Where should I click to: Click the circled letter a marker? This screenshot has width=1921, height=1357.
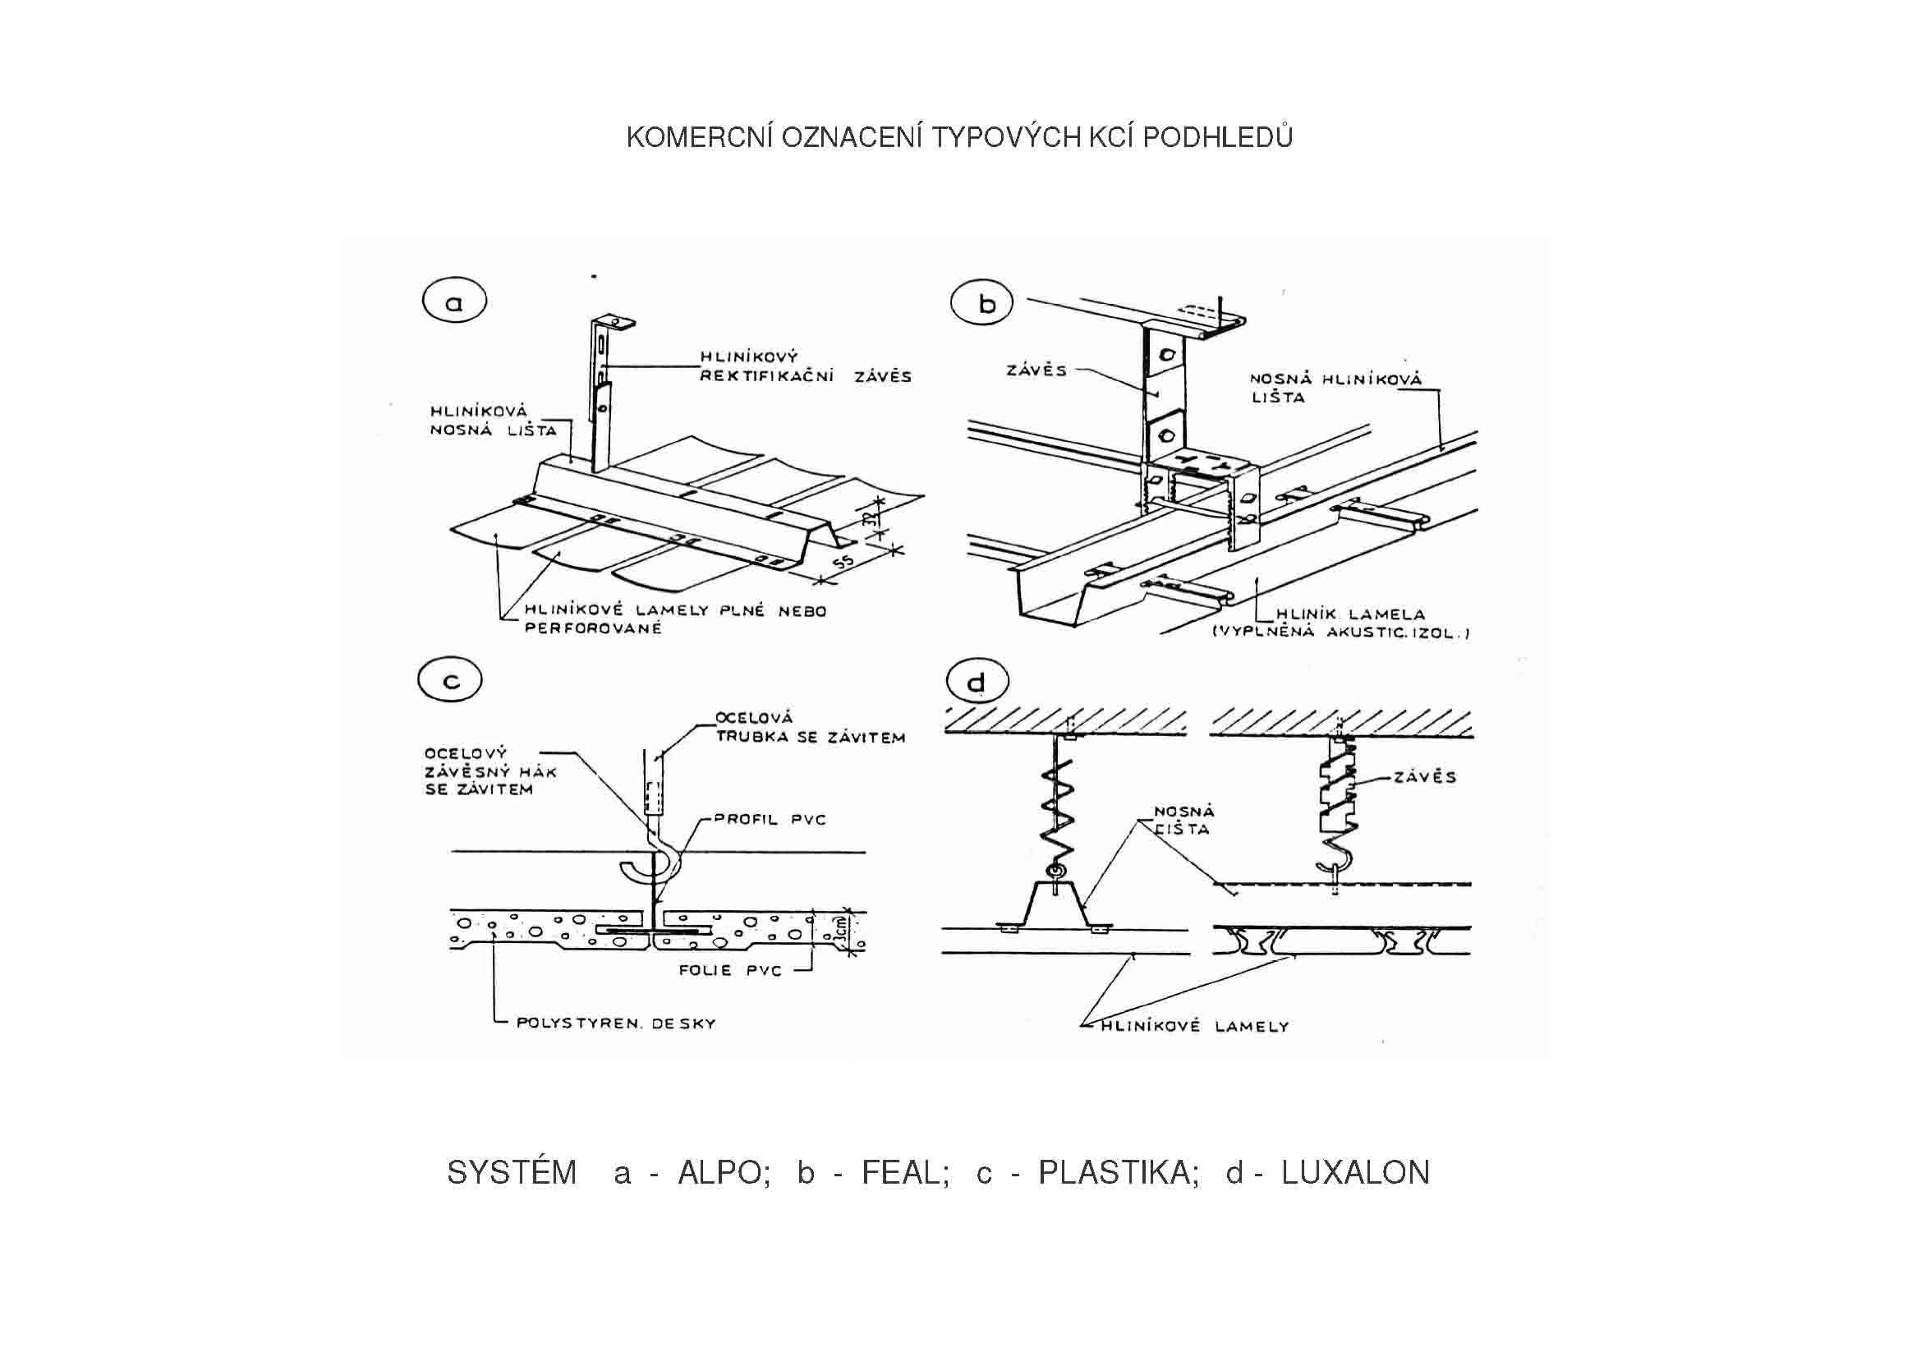coord(454,303)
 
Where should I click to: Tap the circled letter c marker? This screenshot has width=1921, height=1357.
coord(451,681)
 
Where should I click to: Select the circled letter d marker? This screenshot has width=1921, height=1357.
coord(976,683)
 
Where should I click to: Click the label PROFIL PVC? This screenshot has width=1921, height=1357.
coord(769,819)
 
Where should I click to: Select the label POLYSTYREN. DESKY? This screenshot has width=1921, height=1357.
coord(616,1023)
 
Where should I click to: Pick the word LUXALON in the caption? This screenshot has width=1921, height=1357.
coord(1354,1173)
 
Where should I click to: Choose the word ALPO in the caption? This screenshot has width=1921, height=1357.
coord(724,1173)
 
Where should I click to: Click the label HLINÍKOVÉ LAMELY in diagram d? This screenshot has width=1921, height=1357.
coord(1196,1026)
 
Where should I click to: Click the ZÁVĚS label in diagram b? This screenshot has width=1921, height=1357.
coord(1036,370)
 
